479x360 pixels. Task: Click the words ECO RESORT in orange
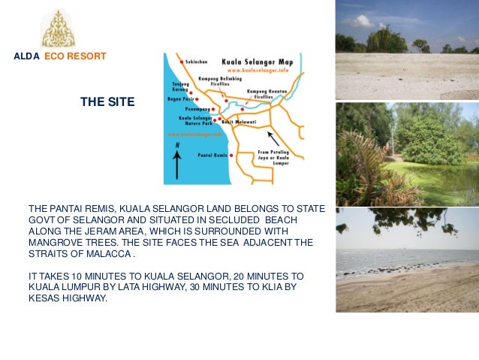click(75, 56)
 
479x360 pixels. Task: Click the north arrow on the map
click(176, 161)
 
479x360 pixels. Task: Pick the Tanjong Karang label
click(181, 86)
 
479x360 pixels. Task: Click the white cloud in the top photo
click(360, 21)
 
